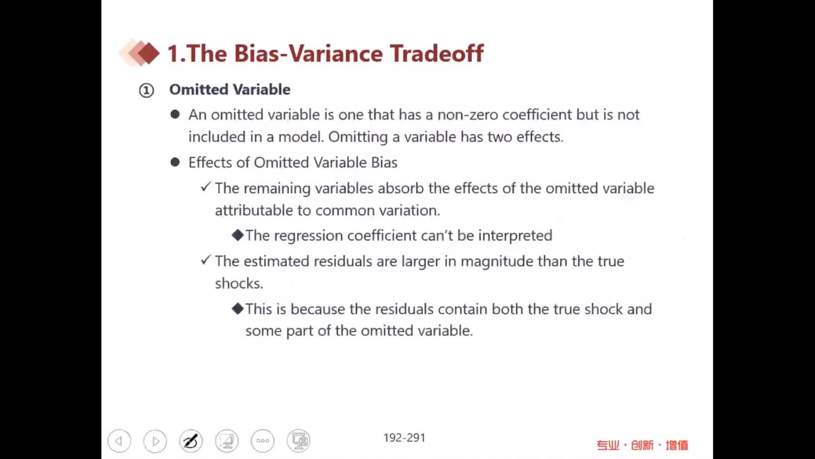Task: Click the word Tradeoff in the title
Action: click(x=437, y=54)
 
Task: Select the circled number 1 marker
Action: click(x=146, y=91)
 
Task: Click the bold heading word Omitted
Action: click(x=199, y=90)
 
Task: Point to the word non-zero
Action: click(x=468, y=115)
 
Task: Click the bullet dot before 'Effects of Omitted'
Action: click(x=175, y=162)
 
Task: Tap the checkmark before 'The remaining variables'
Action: click(x=205, y=187)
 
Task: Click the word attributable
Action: click(x=254, y=211)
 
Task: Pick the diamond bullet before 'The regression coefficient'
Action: click(x=237, y=235)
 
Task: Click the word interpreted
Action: click(x=515, y=235)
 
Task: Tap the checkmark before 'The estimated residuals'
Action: click(x=205, y=260)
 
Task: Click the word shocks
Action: click(x=238, y=283)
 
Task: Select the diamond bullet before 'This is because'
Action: click(x=237, y=309)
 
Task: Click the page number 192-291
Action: click(x=404, y=437)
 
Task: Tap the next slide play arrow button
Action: click(x=155, y=441)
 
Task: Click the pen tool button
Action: click(x=191, y=441)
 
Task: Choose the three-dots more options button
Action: click(x=262, y=441)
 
